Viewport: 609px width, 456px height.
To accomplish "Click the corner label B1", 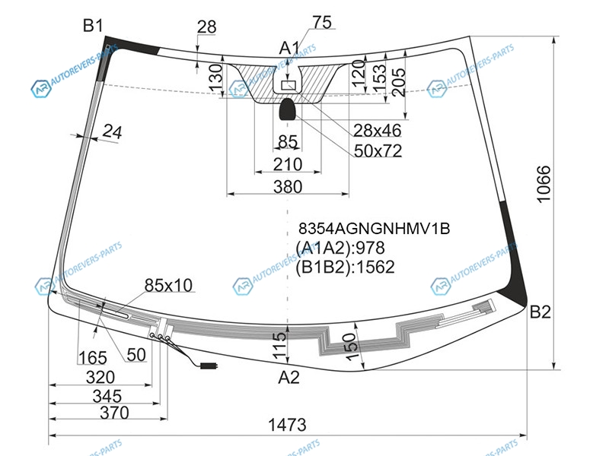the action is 93,26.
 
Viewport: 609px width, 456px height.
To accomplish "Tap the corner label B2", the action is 540,312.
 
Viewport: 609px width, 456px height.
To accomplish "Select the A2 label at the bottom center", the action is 289,377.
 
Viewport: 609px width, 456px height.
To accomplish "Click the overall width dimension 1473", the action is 288,425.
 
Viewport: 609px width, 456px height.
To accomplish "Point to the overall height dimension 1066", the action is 544,184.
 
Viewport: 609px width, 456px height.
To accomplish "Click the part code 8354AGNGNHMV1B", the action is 374,229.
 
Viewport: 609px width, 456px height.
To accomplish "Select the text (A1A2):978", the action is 340,248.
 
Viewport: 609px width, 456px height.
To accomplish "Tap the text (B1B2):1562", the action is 346,268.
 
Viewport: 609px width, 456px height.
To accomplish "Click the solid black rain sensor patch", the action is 288,109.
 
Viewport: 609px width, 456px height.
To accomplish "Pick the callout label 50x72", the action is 378,150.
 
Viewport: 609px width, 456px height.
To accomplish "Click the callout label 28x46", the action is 377,131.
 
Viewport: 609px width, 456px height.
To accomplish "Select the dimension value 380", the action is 288,187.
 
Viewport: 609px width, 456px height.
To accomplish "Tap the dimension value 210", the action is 288,164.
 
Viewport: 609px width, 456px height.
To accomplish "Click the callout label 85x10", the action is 168,286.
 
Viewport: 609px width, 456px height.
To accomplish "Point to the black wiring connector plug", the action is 209,366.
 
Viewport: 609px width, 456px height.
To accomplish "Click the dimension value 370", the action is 115,413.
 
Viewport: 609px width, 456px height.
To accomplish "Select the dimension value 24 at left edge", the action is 112,131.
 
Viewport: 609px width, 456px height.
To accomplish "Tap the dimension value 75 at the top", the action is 322,23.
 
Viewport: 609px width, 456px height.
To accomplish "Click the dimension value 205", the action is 398,82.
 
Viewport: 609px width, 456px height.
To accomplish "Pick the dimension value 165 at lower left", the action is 93,357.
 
